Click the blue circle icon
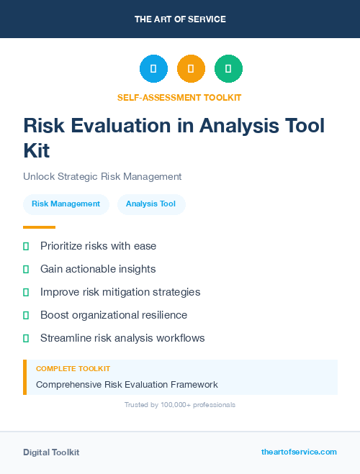tap(153, 68)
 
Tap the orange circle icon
tap(191, 68)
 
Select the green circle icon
tap(228, 68)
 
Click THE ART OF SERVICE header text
tap(180, 19)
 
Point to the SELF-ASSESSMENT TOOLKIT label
tap(179, 97)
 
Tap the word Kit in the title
tap(37, 151)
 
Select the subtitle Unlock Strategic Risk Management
tap(102, 176)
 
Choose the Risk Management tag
tap(66, 204)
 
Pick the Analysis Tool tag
tap(150, 204)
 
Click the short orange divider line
tap(39, 227)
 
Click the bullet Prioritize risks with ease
tap(98, 246)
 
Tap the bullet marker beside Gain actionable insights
tap(26, 269)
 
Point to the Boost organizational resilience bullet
tap(113, 315)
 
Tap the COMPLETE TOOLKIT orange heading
tap(73, 368)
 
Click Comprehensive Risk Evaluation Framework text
tap(127, 385)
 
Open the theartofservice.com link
tap(299, 452)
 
